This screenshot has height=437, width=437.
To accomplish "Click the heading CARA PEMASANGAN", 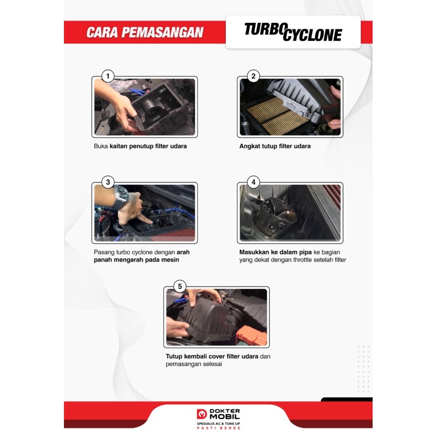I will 145,32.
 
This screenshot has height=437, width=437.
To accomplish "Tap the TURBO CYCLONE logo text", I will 293,32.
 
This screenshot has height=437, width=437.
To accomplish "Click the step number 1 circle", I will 108,76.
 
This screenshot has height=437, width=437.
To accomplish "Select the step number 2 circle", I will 253,76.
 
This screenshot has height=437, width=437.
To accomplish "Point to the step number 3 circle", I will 108,182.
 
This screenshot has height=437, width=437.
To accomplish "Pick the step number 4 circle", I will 253,182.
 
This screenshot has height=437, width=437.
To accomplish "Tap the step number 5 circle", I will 179,286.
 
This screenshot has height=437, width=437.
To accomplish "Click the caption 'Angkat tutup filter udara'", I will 275,146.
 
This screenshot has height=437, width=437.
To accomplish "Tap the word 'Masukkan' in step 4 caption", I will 254,252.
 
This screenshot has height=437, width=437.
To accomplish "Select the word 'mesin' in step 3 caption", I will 170,260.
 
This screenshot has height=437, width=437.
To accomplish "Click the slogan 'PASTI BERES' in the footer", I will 218,428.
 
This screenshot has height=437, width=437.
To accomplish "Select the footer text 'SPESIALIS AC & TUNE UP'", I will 218,423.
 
